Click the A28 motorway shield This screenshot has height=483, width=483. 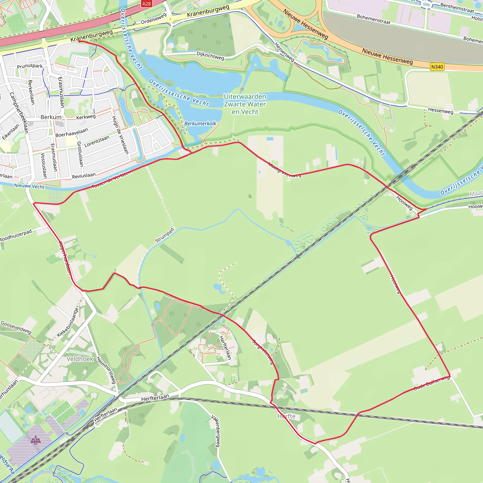tap(146, 4)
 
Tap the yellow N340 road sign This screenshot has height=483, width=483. tap(437, 67)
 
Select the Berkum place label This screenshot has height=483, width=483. tap(51, 117)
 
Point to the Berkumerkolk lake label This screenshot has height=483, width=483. tap(200, 124)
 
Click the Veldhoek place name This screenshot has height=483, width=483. tap(80, 359)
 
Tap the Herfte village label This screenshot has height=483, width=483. tap(287, 416)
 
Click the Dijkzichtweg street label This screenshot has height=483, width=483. tap(210, 55)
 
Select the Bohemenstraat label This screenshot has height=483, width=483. tap(374, 19)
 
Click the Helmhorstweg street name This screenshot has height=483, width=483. tap(106, 370)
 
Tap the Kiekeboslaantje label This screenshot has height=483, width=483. tap(68, 322)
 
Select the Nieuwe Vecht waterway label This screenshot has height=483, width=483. tap(29, 186)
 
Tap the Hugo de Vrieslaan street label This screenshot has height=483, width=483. tap(120, 135)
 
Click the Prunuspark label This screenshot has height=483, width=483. tap(30, 66)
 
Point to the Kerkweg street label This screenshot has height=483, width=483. tap(86, 117)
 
